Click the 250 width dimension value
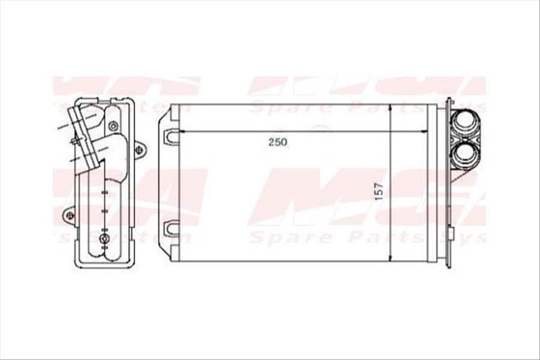click(x=278, y=142)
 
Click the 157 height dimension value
click(x=379, y=191)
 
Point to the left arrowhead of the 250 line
click(x=182, y=131)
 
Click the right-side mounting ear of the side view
click(x=139, y=149)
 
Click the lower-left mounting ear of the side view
click(x=70, y=215)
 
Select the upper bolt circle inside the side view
click(x=113, y=126)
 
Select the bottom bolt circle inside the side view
click(x=105, y=240)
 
